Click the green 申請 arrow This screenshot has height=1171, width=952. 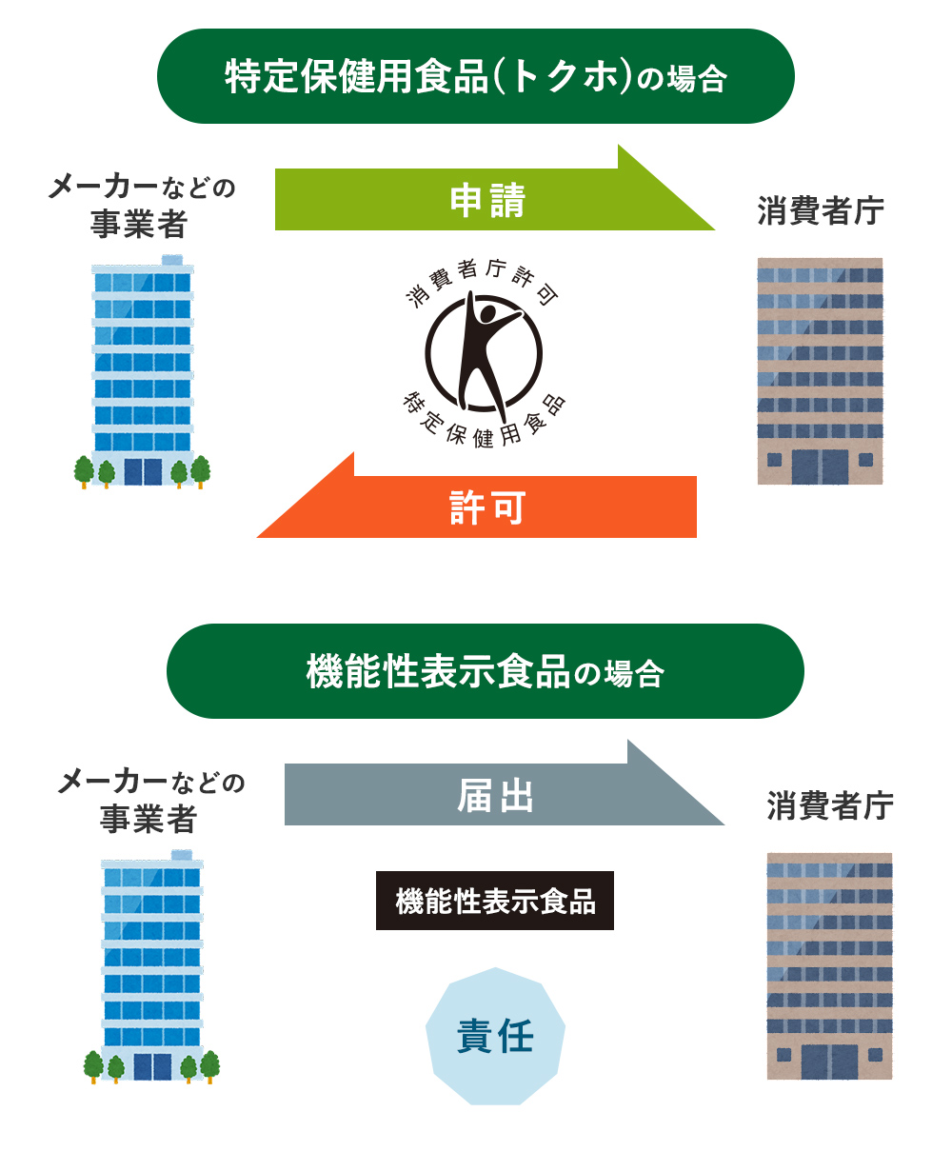point(486,200)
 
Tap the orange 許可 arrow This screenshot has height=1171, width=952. point(486,507)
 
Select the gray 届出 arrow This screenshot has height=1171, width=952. point(495,795)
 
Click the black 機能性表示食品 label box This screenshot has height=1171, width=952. point(495,901)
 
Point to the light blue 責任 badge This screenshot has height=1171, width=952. point(495,1036)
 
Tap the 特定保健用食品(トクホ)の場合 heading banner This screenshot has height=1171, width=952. point(476,76)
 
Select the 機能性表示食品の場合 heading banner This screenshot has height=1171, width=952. point(486,671)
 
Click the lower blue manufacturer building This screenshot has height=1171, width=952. point(152,962)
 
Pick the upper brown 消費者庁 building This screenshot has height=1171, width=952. point(820,371)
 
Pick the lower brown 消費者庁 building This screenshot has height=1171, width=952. point(829,966)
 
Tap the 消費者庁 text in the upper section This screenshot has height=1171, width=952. point(820,210)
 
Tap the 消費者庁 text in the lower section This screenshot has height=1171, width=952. point(829,805)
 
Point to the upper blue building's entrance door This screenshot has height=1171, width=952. point(143,471)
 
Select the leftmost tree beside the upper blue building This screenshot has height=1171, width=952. point(84,470)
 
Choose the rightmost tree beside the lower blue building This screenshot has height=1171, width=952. point(210,1065)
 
